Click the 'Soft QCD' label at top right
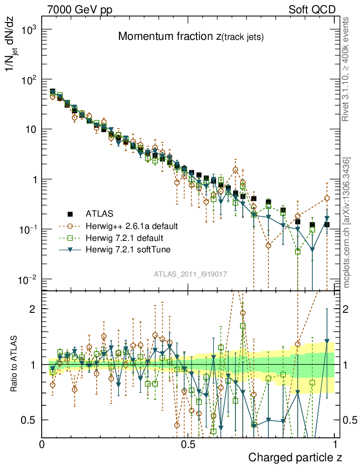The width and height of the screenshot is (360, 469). pos(312,10)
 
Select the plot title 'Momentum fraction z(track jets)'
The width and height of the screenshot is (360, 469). pos(191,37)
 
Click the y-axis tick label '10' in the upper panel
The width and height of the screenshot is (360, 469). pos(30,130)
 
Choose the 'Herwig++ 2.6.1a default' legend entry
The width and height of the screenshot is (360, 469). pos(131,226)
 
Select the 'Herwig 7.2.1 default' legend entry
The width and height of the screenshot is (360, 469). pos(125,238)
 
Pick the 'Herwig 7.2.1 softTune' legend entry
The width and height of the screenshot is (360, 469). pos(127,250)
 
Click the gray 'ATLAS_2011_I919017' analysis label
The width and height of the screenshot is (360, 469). pos(191,274)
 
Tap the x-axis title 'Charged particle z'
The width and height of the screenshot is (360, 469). pos(295,458)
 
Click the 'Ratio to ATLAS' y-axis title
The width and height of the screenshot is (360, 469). pos(14,365)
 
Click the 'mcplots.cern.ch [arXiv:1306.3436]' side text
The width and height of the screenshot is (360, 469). pos(347,223)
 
